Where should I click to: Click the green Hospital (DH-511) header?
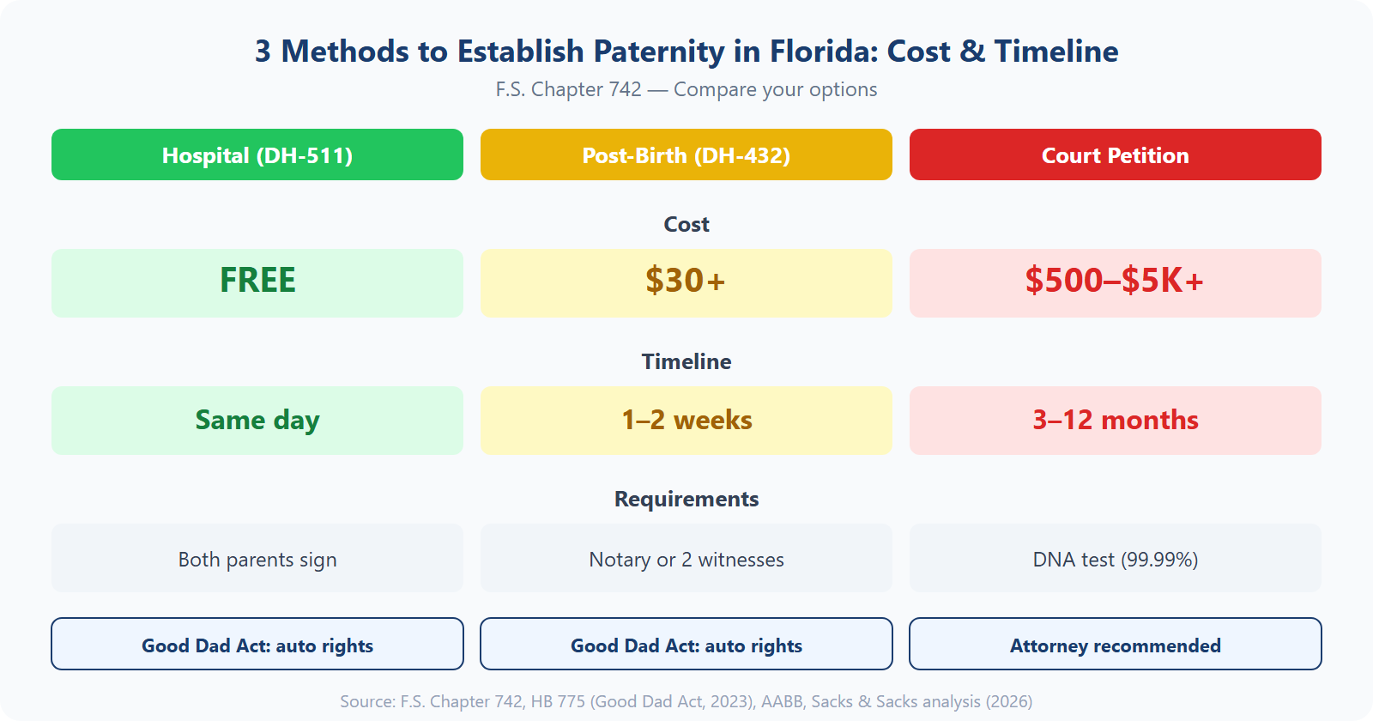click(257, 154)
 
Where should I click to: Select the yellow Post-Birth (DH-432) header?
click(686, 154)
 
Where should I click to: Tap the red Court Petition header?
click(1116, 154)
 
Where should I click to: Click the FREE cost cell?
click(257, 282)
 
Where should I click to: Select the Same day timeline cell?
click(257, 420)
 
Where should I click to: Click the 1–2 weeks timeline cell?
click(686, 420)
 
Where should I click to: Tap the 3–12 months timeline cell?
click(1116, 420)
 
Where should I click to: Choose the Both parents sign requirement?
click(257, 559)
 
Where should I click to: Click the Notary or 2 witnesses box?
click(686, 559)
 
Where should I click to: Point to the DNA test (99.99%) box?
click(1116, 559)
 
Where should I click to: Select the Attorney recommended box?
click(1116, 645)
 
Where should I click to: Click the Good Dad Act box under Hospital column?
click(257, 645)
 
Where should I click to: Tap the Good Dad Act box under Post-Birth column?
click(686, 645)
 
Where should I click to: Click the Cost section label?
click(686, 224)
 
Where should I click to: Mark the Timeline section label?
click(686, 361)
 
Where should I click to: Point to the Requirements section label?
click(686, 499)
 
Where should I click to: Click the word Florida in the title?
click(823, 51)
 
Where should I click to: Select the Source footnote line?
click(686, 701)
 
